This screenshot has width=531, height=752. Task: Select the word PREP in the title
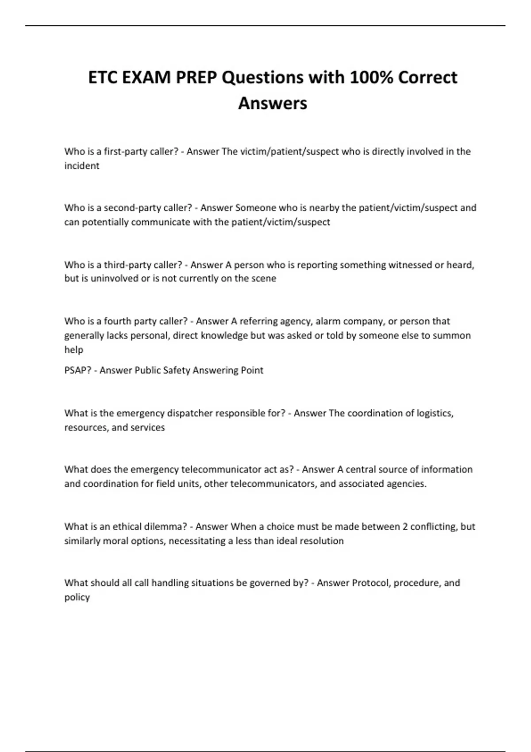point(196,77)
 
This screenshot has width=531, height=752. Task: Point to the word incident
point(82,166)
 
